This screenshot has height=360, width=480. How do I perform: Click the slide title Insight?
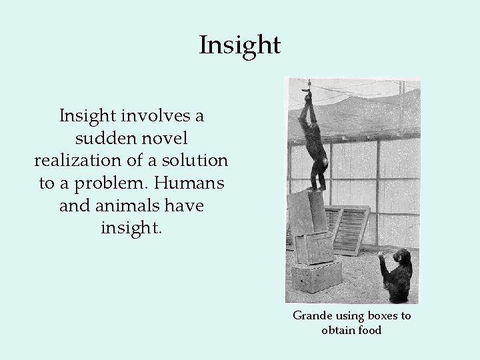point(240,45)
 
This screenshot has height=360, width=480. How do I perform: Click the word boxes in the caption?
point(377,316)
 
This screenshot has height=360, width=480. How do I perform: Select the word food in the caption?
point(369,330)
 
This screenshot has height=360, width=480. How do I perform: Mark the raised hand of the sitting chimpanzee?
point(382,255)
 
